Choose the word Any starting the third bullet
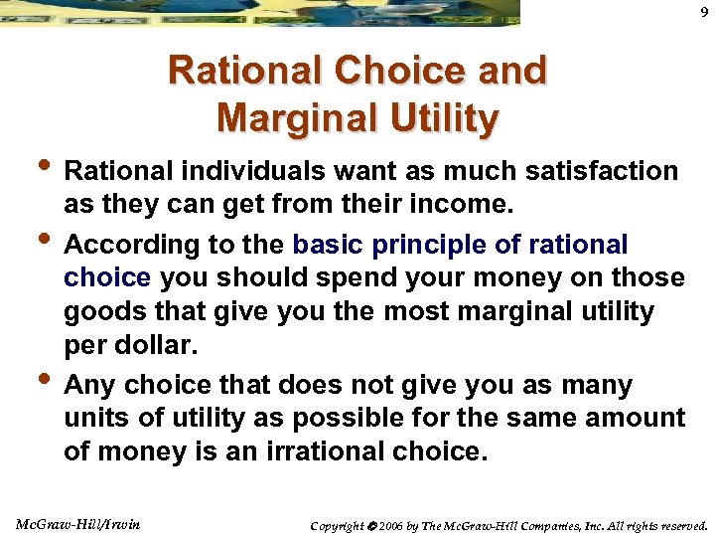pyautogui.click(x=88, y=385)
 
